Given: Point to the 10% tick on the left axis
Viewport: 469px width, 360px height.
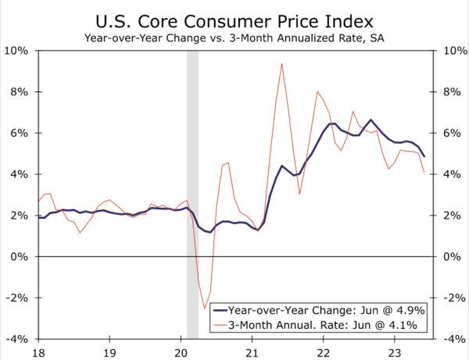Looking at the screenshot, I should coord(17,51).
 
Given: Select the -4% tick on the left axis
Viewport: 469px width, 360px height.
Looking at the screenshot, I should coord(17,339).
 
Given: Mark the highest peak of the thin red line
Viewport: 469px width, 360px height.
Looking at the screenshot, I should coord(281,63).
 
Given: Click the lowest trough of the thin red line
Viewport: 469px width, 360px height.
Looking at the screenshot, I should coord(205,308).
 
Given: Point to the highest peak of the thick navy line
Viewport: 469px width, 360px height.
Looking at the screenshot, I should coord(371,119).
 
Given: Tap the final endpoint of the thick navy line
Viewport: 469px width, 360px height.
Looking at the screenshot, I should coord(424,156).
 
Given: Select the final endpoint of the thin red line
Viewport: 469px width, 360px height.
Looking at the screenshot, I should coord(424,173).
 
